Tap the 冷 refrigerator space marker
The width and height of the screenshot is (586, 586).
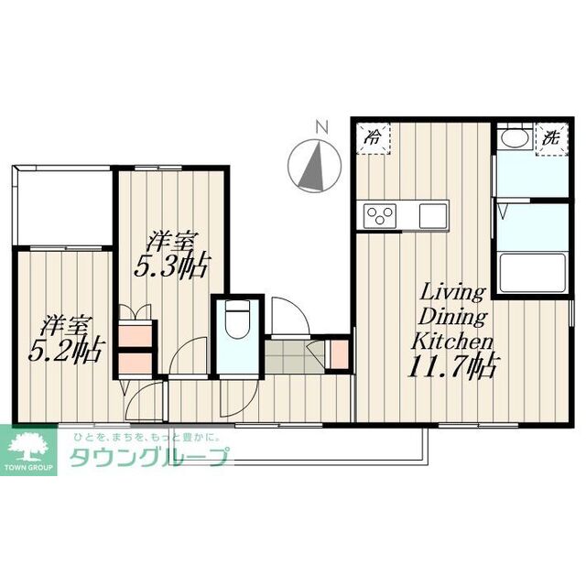point(373,139)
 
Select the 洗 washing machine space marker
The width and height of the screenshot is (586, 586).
point(551,139)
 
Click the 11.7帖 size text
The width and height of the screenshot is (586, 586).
point(452,368)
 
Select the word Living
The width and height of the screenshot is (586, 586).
point(451,293)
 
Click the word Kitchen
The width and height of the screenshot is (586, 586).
point(451,341)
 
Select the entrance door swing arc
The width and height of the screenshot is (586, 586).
point(287,316)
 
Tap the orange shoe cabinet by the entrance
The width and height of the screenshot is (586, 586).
point(338,354)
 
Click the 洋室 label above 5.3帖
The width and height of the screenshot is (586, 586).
point(171,243)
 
